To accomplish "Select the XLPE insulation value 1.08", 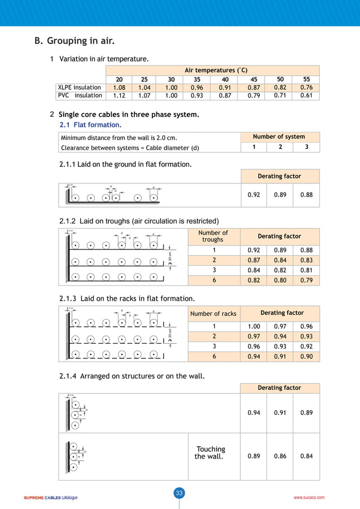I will click(x=119, y=88).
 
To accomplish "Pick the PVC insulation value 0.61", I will click(x=306, y=96).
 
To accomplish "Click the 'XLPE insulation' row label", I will click(x=80, y=87).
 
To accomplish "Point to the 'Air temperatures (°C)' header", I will click(x=213, y=71).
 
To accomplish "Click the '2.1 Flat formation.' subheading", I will click(x=91, y=125).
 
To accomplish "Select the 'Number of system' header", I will click(x=279, y=137).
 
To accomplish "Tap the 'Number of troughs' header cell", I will click(x=213, y=236).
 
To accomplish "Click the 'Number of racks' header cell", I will click(x=213, y=314).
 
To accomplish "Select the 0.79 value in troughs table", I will click(x=306, y=280).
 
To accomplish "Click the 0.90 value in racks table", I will click(x=306, y=357).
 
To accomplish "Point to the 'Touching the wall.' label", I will click(x=209, y=453).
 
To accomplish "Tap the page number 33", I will click(x=179, y=493).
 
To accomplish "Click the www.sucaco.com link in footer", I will click(x=309, y=498).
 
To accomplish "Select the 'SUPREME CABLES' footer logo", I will click(x=50, y=498).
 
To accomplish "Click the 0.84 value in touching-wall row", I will click(x=306, y=457).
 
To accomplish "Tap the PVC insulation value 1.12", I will click(x=119, y=96).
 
